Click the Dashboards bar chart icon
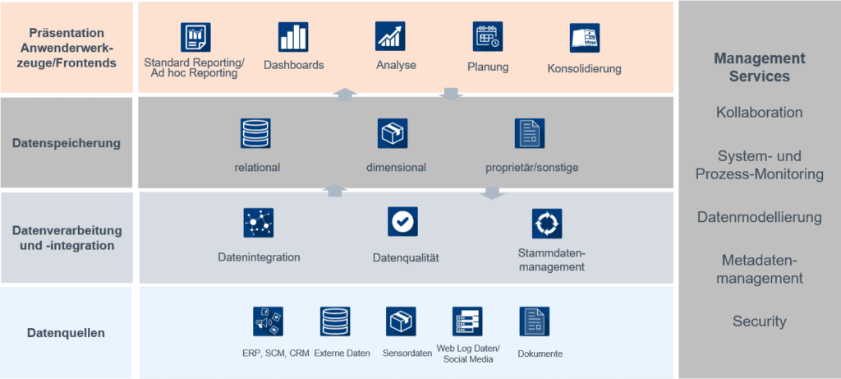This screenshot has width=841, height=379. [x=293, y=37]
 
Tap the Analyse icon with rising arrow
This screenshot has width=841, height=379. [x=390, y=36]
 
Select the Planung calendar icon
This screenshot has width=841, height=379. [x=487, y=37]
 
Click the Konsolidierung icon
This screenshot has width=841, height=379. [x=584, y=38]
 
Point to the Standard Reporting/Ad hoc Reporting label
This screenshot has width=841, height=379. [x=195, y=68]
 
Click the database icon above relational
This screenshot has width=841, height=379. [x=255, y=133]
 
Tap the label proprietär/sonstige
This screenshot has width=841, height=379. [x=532, y=168]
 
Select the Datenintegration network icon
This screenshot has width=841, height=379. [x=259, y=223]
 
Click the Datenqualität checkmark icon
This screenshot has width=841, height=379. [x=403, y=222]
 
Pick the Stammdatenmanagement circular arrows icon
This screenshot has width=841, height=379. [x=546, y=223]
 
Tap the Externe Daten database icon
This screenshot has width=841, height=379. [x=334, y=321]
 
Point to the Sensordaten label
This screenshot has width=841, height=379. [x=407, y=354]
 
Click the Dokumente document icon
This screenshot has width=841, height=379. [x=534, y=321]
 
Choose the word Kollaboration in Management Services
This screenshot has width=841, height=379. [x=759, y=113]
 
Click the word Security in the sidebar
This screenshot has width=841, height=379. [x=759, y=321]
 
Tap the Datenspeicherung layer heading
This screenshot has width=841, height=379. [x=67, y=143]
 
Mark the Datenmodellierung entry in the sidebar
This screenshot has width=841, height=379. [x=759, y=218]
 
